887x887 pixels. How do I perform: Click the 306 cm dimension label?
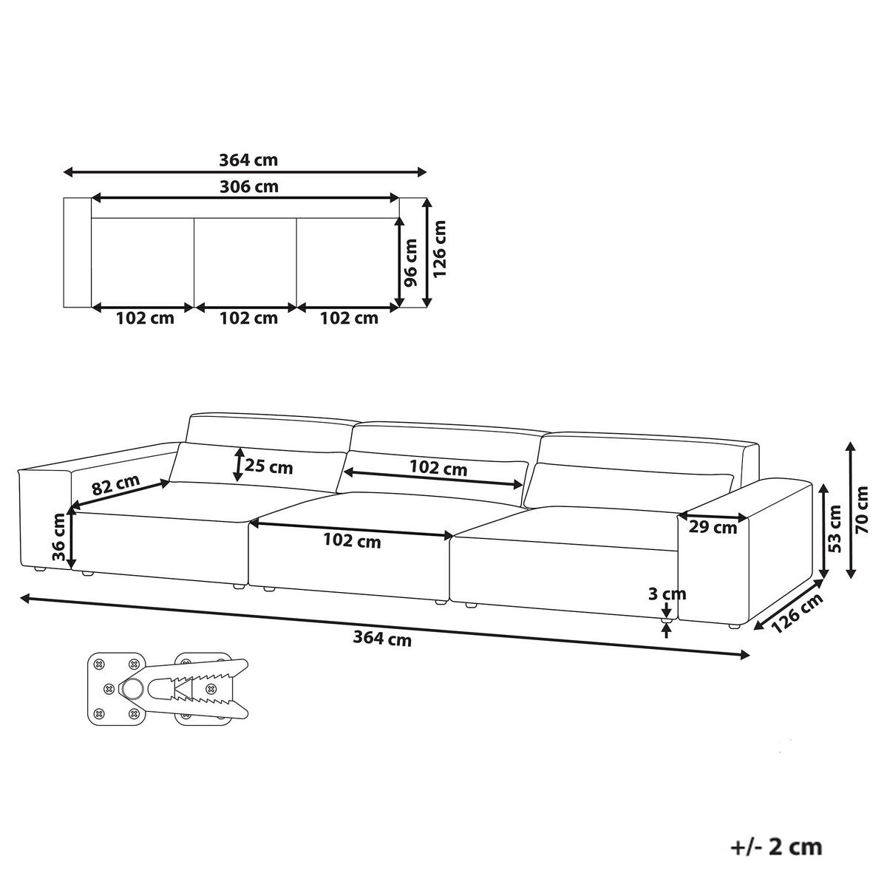(x=249, y=186)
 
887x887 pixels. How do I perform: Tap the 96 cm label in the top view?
(x=409, y=262)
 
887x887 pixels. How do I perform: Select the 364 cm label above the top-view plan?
(x=248, y=160)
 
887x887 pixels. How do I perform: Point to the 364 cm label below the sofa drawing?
(x=382, y=639)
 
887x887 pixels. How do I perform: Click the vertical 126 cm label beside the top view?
(x=440, y=248)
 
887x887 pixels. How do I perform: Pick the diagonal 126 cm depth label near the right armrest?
(x=796, y=614)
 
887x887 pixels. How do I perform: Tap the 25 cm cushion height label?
(x=268, y=466)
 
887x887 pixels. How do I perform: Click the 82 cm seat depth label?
(x=115, y=485)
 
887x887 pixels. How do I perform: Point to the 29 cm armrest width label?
(x=713, y=527)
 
